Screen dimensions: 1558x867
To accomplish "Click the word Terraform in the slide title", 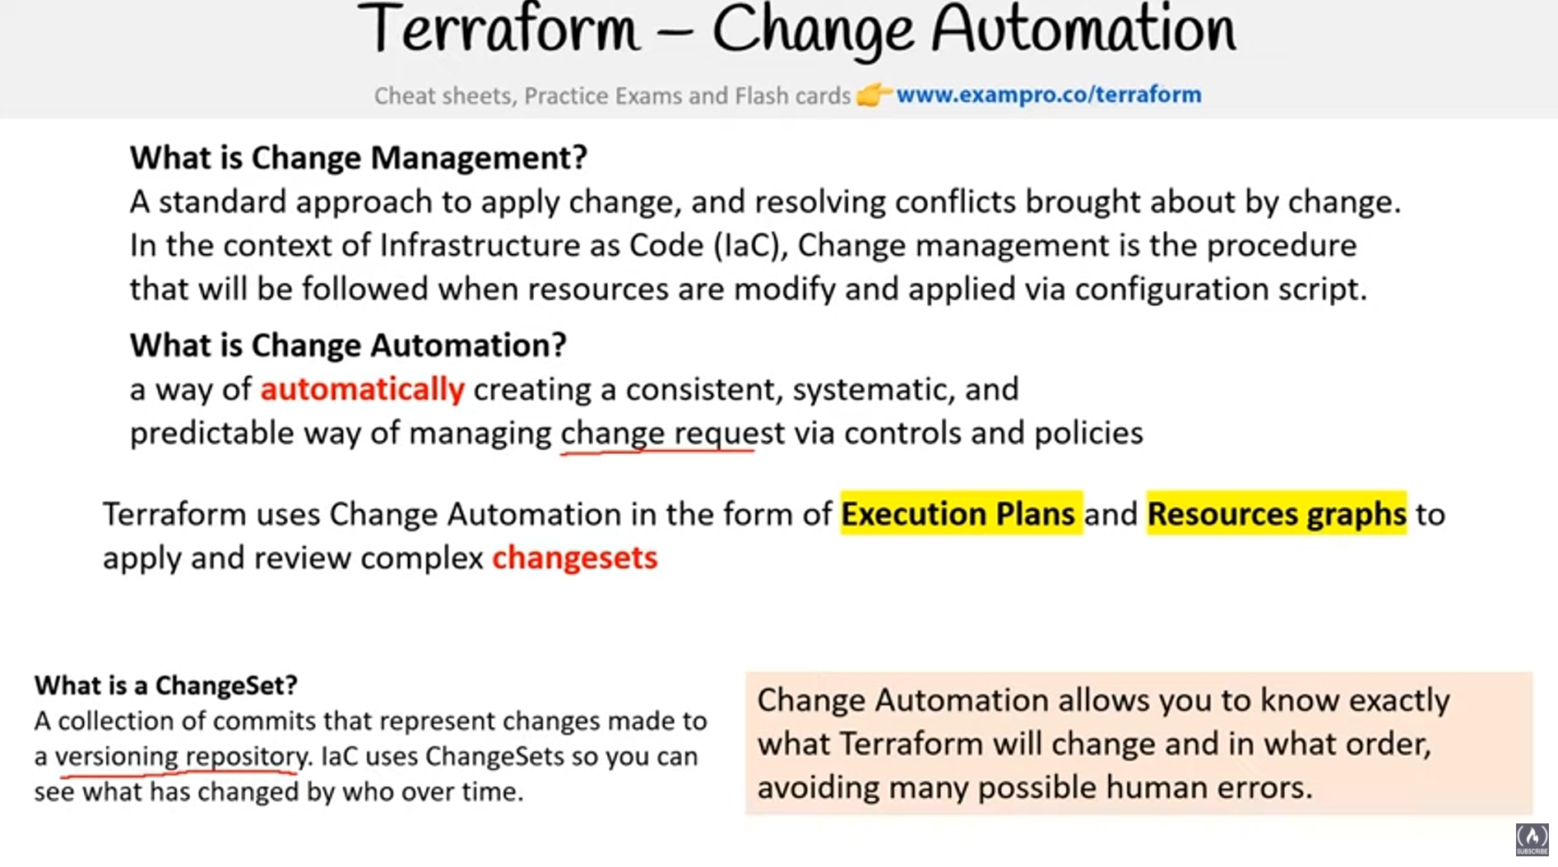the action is click(x=498, y=29).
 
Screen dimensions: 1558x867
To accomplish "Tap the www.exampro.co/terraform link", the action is click(x=1049, y=95).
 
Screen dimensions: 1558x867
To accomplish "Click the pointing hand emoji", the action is click(x=874, y=95).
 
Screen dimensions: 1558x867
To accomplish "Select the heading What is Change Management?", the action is click(x=359, y=157).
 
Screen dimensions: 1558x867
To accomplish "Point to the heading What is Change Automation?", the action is click(x=348, y=345).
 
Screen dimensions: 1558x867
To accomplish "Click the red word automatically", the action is click(x=363, y=389).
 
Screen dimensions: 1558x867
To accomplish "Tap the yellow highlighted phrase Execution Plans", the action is click(x=958, y=514).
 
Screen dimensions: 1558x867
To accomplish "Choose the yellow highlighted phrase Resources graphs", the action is click(x=1277, y=514).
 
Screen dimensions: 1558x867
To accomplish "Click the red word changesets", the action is click(x=575, y=558).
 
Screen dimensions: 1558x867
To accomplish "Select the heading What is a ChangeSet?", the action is click(x=166, y=684).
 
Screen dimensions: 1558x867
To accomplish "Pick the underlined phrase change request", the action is click(x=672, y=433).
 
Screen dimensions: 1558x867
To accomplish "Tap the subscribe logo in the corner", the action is click(x=1532, y=840).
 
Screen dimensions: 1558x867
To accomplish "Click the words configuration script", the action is click(x=1221, y=289).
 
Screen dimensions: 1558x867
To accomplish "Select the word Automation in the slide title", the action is click(x=1083, y=29).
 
